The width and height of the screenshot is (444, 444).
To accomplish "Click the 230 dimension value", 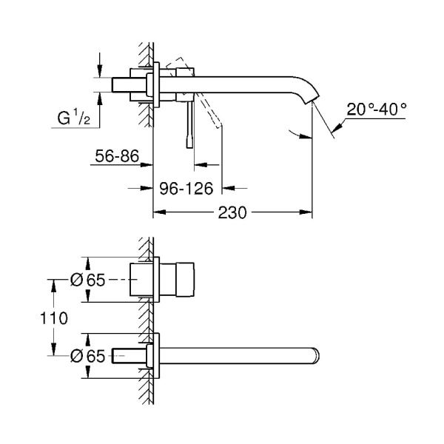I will point(233,212).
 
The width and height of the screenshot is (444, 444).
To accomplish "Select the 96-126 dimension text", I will point(189,188).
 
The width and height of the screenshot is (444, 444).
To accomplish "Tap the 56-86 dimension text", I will point(116,156).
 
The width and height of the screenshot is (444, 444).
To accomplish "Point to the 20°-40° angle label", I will point(377,108).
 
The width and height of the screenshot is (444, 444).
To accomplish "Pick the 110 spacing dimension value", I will point(55,319).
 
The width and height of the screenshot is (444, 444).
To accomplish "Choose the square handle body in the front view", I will point(178,280).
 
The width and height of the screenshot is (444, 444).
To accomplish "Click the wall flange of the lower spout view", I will point(154,356).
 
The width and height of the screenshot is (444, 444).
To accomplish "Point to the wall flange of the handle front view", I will point(154,280).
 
